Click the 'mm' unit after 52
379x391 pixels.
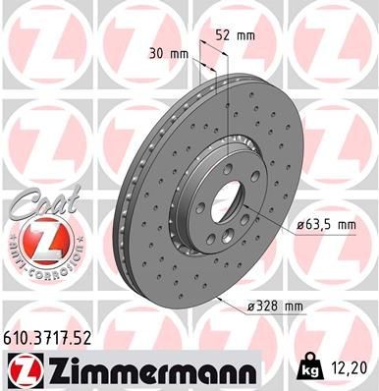tap(246, 35)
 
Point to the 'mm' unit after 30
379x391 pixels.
tap(182, 53)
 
